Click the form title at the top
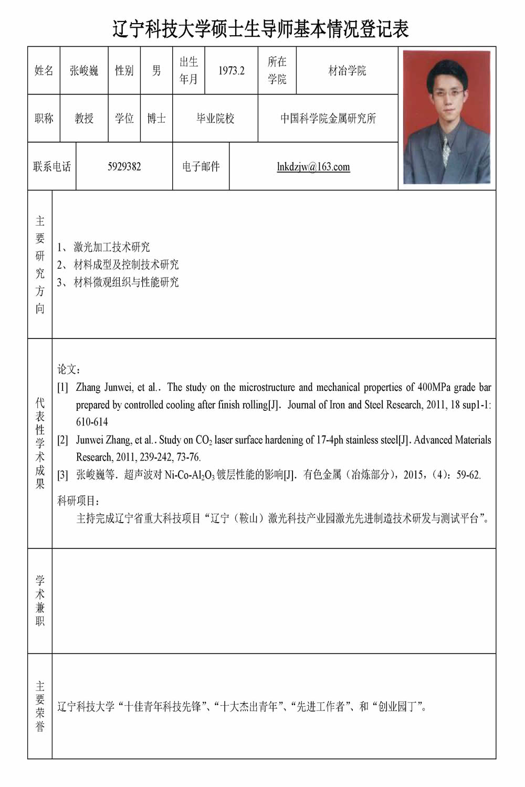[261, 29]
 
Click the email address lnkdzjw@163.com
[313, 167]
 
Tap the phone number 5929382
[124, 167]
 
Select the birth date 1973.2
[232, 71]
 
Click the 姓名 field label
[44, 71]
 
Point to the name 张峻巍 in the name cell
[84, 71]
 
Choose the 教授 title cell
[84, 119]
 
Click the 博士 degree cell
[156, 119]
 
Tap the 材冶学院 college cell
[347, 71]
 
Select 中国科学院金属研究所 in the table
[328, 119]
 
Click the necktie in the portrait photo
[445, 150]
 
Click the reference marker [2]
[62, 440]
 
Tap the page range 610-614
[92, 422]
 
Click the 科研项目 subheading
[79, 501]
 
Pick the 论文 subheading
[69, 370]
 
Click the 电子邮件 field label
[201, 167]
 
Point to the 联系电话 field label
[52, 167]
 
